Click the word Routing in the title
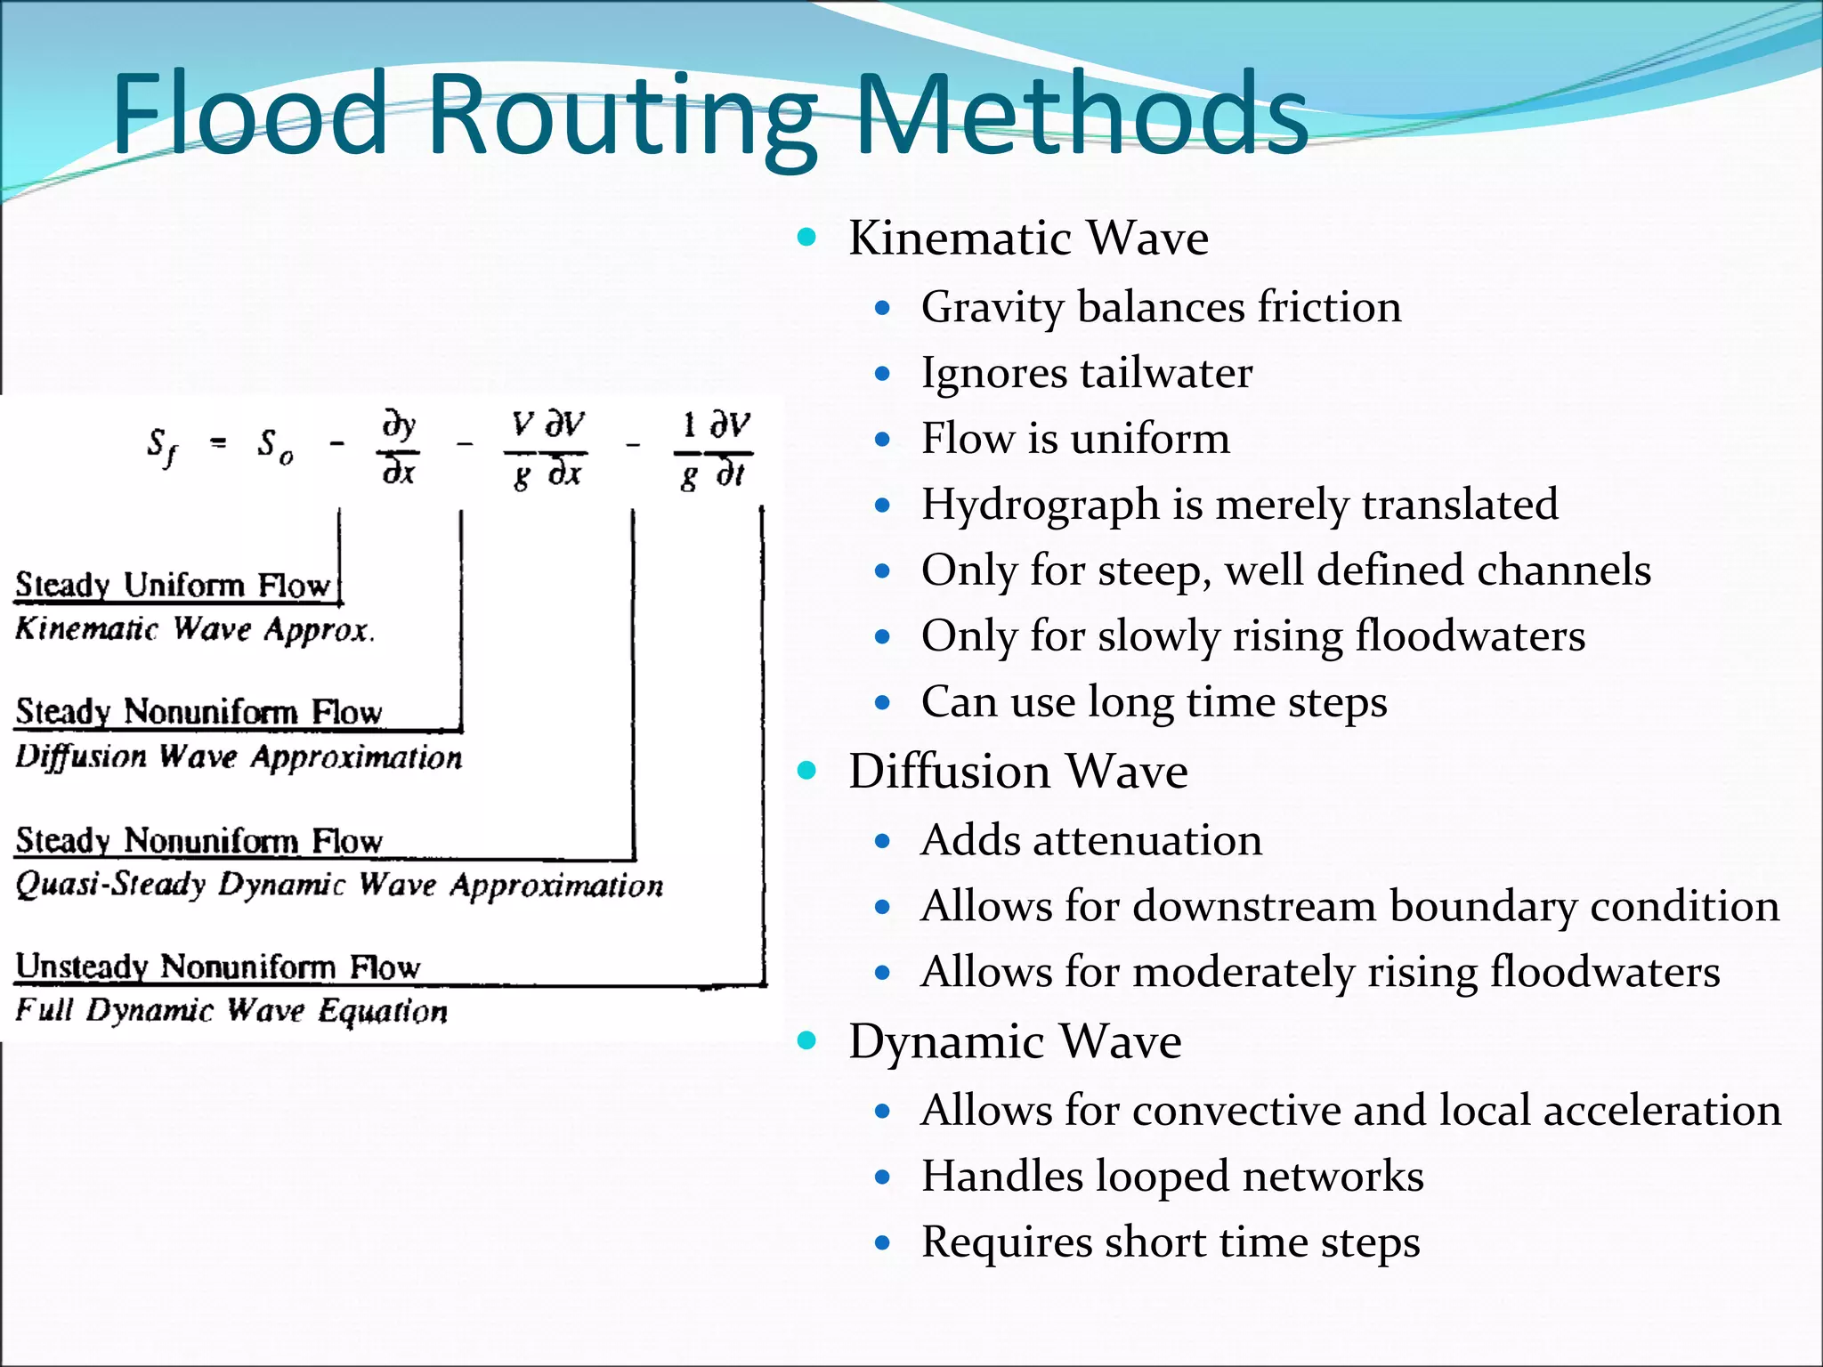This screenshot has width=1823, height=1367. point(622,116)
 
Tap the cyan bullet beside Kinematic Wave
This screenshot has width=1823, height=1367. point(807,237)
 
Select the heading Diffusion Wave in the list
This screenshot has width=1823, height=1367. point(1017,771)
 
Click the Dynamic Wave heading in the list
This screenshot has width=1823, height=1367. point(1015,1041)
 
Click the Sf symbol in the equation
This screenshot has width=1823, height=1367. point(161,445)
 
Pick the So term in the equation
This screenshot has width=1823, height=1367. point(274,445)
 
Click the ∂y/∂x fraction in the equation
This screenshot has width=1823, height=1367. point(399,448)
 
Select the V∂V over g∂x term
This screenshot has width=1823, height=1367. point(547,448)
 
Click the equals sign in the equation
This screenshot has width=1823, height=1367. point(218,442)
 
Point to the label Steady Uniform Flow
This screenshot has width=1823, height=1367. point(174,586)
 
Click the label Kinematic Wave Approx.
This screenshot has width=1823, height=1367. point(195,629)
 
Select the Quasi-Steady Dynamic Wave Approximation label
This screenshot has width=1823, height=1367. point(339,885)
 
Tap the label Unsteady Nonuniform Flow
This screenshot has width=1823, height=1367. point(218,967)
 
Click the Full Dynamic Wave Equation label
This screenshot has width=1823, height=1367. point(231,1011)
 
